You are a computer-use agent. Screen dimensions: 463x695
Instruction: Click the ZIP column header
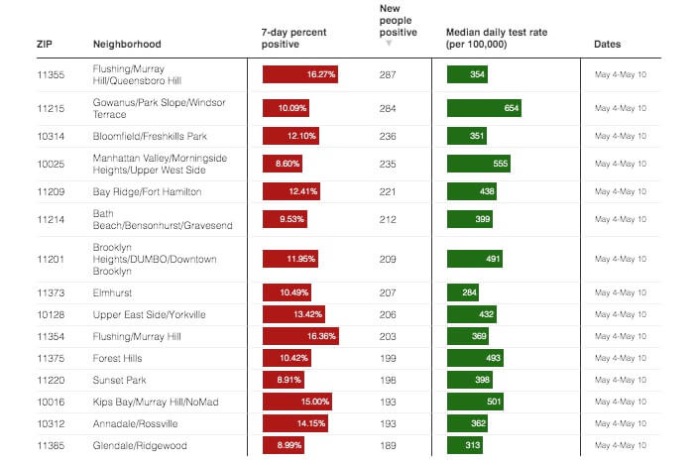(x=45, y=45)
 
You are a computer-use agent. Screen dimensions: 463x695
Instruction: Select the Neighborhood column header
(x=127, y=45)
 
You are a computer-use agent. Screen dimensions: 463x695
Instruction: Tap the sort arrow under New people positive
(x=389, y=44)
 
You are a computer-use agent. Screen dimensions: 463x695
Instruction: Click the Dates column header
(x=608, y=45)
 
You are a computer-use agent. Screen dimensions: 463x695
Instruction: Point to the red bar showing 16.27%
(x=300, y=74)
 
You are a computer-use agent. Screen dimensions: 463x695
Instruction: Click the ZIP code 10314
(x=50, y=135)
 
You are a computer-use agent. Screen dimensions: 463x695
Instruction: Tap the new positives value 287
(x=388, y=74)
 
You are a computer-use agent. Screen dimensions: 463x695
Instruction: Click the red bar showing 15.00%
(x=297, y=401)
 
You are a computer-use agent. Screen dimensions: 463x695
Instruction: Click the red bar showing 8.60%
(x=284, y=163)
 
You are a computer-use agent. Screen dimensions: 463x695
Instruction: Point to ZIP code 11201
(x=50, y=259)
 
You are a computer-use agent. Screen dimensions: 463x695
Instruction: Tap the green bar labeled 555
(x=480, y=163)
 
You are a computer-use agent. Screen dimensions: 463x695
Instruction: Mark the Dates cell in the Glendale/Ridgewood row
(x=620, y=444)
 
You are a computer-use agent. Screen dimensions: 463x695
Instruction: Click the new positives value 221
(x=388, y=190)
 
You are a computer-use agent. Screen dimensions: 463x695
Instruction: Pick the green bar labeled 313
(x=466, y=444)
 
